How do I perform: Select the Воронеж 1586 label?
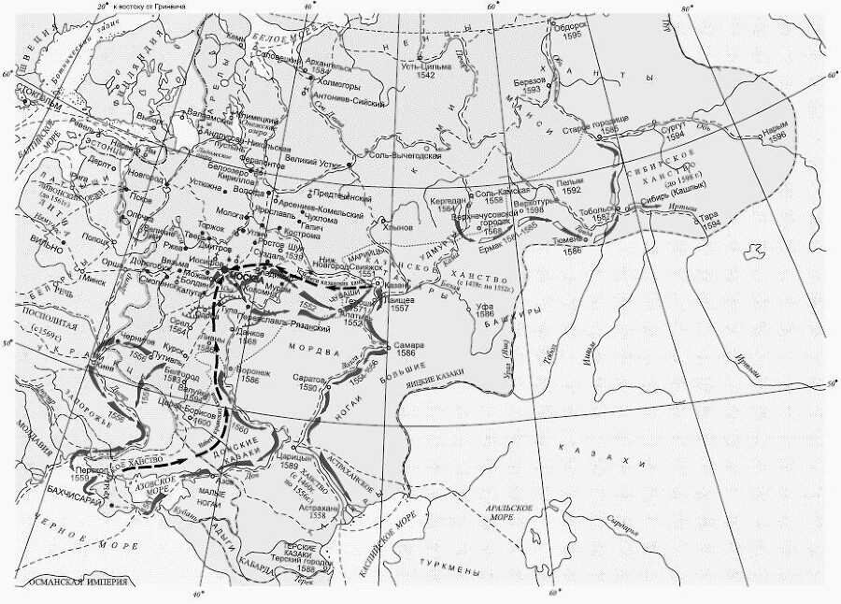click(255, 376)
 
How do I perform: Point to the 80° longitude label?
click(688, 8)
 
